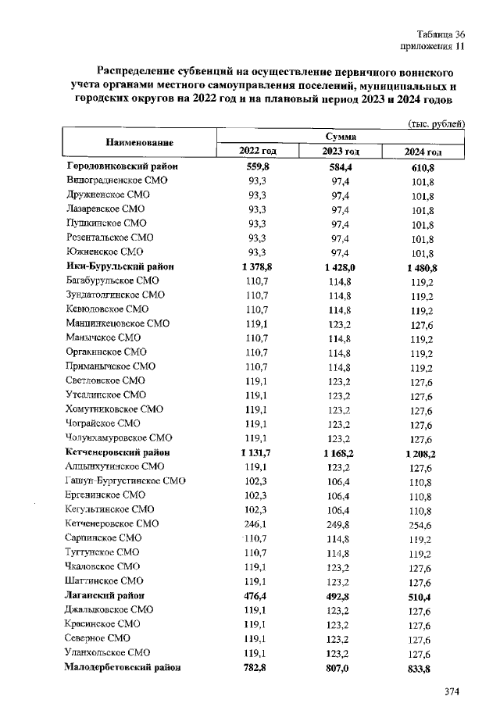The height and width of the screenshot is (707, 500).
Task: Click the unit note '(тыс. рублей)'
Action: pos(437,123)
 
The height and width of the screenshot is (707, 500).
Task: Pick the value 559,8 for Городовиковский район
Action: pos(258,167)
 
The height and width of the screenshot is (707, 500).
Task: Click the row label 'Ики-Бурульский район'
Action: pos(120,266)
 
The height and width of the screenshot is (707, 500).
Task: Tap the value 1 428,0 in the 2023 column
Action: pos(340,266)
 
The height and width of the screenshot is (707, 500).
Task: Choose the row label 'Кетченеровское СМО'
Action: pos(112,523)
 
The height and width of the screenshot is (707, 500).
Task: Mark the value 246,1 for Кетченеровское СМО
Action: pos(258,523)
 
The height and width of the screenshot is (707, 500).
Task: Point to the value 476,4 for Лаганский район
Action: pos(258,595)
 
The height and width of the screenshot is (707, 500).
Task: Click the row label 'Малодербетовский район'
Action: pos(124,667)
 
